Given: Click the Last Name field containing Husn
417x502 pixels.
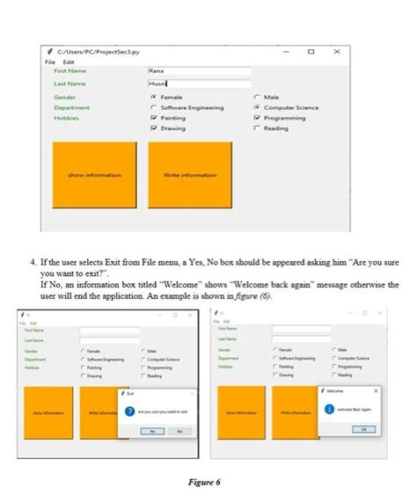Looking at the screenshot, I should point(200,84).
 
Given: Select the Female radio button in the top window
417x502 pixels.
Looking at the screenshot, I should point(154,97).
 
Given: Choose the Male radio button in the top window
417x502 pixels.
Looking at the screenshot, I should point(256,97).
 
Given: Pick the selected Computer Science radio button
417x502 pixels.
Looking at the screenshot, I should point(256,107).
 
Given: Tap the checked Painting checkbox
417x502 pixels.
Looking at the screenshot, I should point(154,118).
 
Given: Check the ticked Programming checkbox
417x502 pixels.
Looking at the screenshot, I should point(256,118).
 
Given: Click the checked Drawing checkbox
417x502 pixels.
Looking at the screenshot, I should point(154,128).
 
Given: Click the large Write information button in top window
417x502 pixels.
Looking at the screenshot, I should point(190,175).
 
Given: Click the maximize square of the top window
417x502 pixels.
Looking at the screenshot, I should point(311,53).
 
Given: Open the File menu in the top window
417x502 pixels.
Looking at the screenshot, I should point(50,62).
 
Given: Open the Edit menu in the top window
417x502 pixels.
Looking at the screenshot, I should point(68,62).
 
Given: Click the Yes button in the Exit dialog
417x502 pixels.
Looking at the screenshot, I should point(151,431).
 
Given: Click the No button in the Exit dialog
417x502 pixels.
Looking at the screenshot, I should point(179,431).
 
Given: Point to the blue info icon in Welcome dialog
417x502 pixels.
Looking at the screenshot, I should point(328,409).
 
